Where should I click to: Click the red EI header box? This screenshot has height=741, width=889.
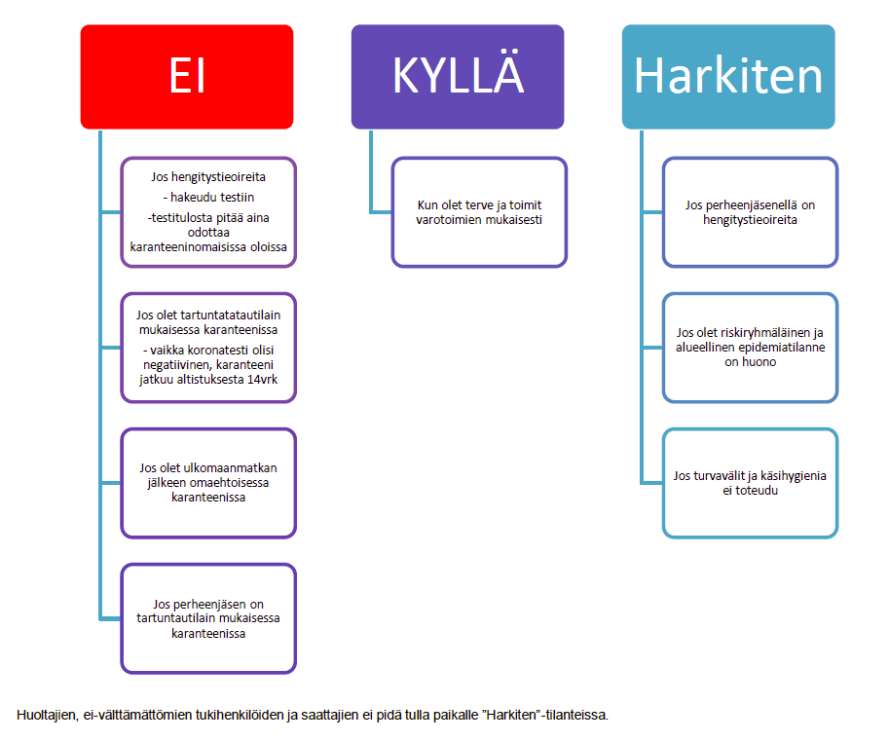187,77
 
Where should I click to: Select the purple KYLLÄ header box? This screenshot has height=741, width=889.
458,77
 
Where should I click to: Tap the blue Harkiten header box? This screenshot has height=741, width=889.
728,77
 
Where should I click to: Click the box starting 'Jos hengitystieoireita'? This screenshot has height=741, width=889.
208,212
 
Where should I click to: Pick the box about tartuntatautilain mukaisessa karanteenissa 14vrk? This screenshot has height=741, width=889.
208,348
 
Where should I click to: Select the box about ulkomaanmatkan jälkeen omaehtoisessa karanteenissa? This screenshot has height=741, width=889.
208,483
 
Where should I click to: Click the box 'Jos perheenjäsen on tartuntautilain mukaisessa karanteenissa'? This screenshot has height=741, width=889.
208,618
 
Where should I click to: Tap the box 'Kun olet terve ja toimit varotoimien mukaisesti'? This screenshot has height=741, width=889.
479,212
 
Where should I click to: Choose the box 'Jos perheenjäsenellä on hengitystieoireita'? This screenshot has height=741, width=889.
750,212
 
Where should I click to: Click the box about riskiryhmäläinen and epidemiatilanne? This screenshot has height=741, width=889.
750,348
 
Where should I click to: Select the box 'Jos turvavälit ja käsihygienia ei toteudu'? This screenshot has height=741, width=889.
750,483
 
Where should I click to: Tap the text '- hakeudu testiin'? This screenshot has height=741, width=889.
208,198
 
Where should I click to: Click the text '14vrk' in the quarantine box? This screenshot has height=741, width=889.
263,380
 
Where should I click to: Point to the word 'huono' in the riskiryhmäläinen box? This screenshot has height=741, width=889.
759,361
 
